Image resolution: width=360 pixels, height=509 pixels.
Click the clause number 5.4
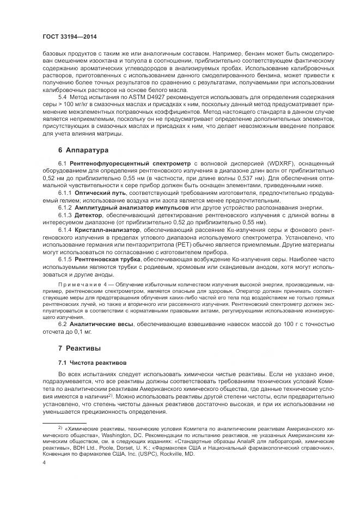point(63,96)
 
